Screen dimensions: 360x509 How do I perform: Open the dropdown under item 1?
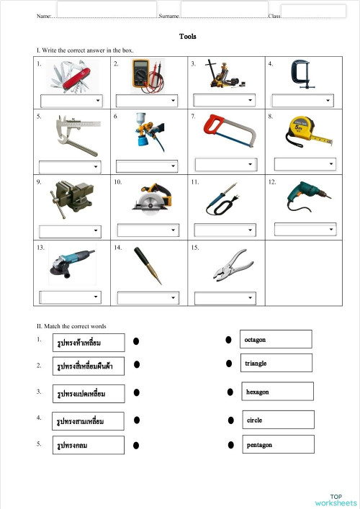[x=71, y=100]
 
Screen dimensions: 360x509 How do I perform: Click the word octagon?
[x=256, y=338]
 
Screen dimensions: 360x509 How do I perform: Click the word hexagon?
[x=257, y=392]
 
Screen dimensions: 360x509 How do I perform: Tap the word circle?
[x=255, y=420]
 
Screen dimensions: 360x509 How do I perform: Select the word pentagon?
[x=259, y=445]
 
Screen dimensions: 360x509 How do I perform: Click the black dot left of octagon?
[x=228, y=338]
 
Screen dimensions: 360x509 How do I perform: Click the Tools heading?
[x=188, y=37]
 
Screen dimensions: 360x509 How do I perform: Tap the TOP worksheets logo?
[x=335, y=500]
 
